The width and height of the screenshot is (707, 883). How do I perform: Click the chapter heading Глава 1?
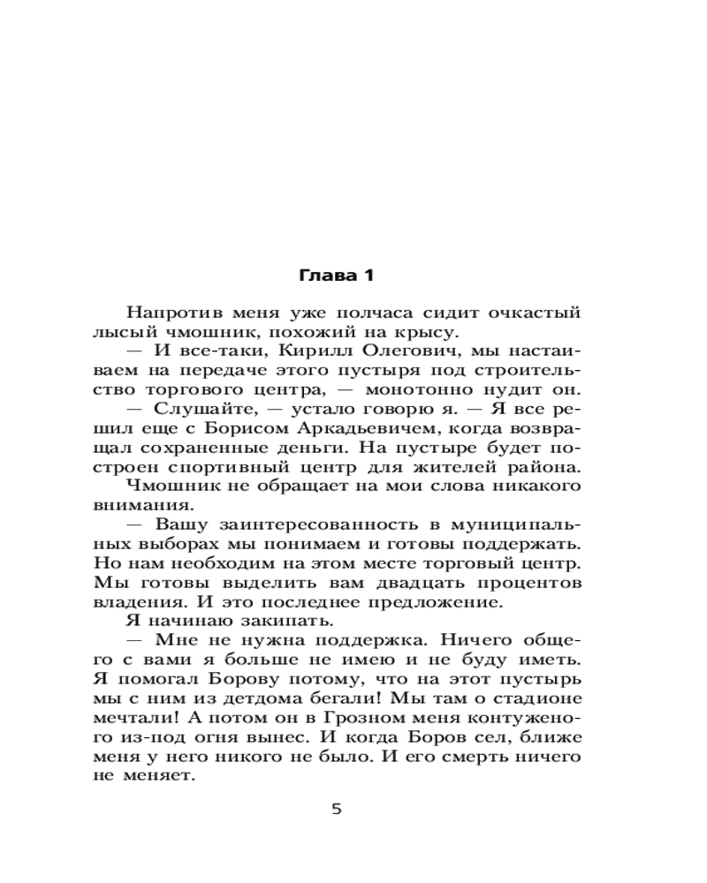pyautogui.click(x=338, y=275)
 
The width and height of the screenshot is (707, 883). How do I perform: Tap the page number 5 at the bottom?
pyautogui.click(x=336, y=809)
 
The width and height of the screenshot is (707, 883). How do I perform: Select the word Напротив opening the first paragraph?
pyautogui.click(x=165, y=313)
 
